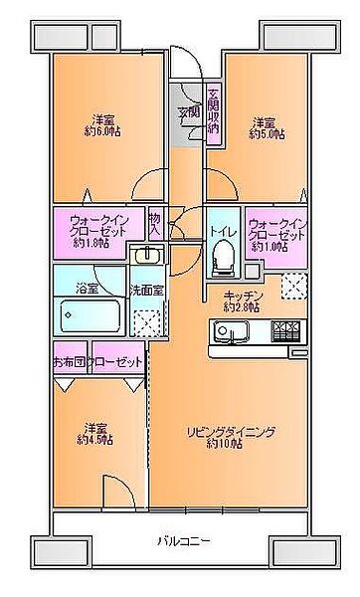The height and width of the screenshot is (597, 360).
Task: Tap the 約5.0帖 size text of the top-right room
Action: click(x=266, y=133)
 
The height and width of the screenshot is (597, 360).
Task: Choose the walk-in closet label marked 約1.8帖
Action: click(x=96, y=230)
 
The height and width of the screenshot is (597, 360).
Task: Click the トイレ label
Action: click(x=221, y=231)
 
